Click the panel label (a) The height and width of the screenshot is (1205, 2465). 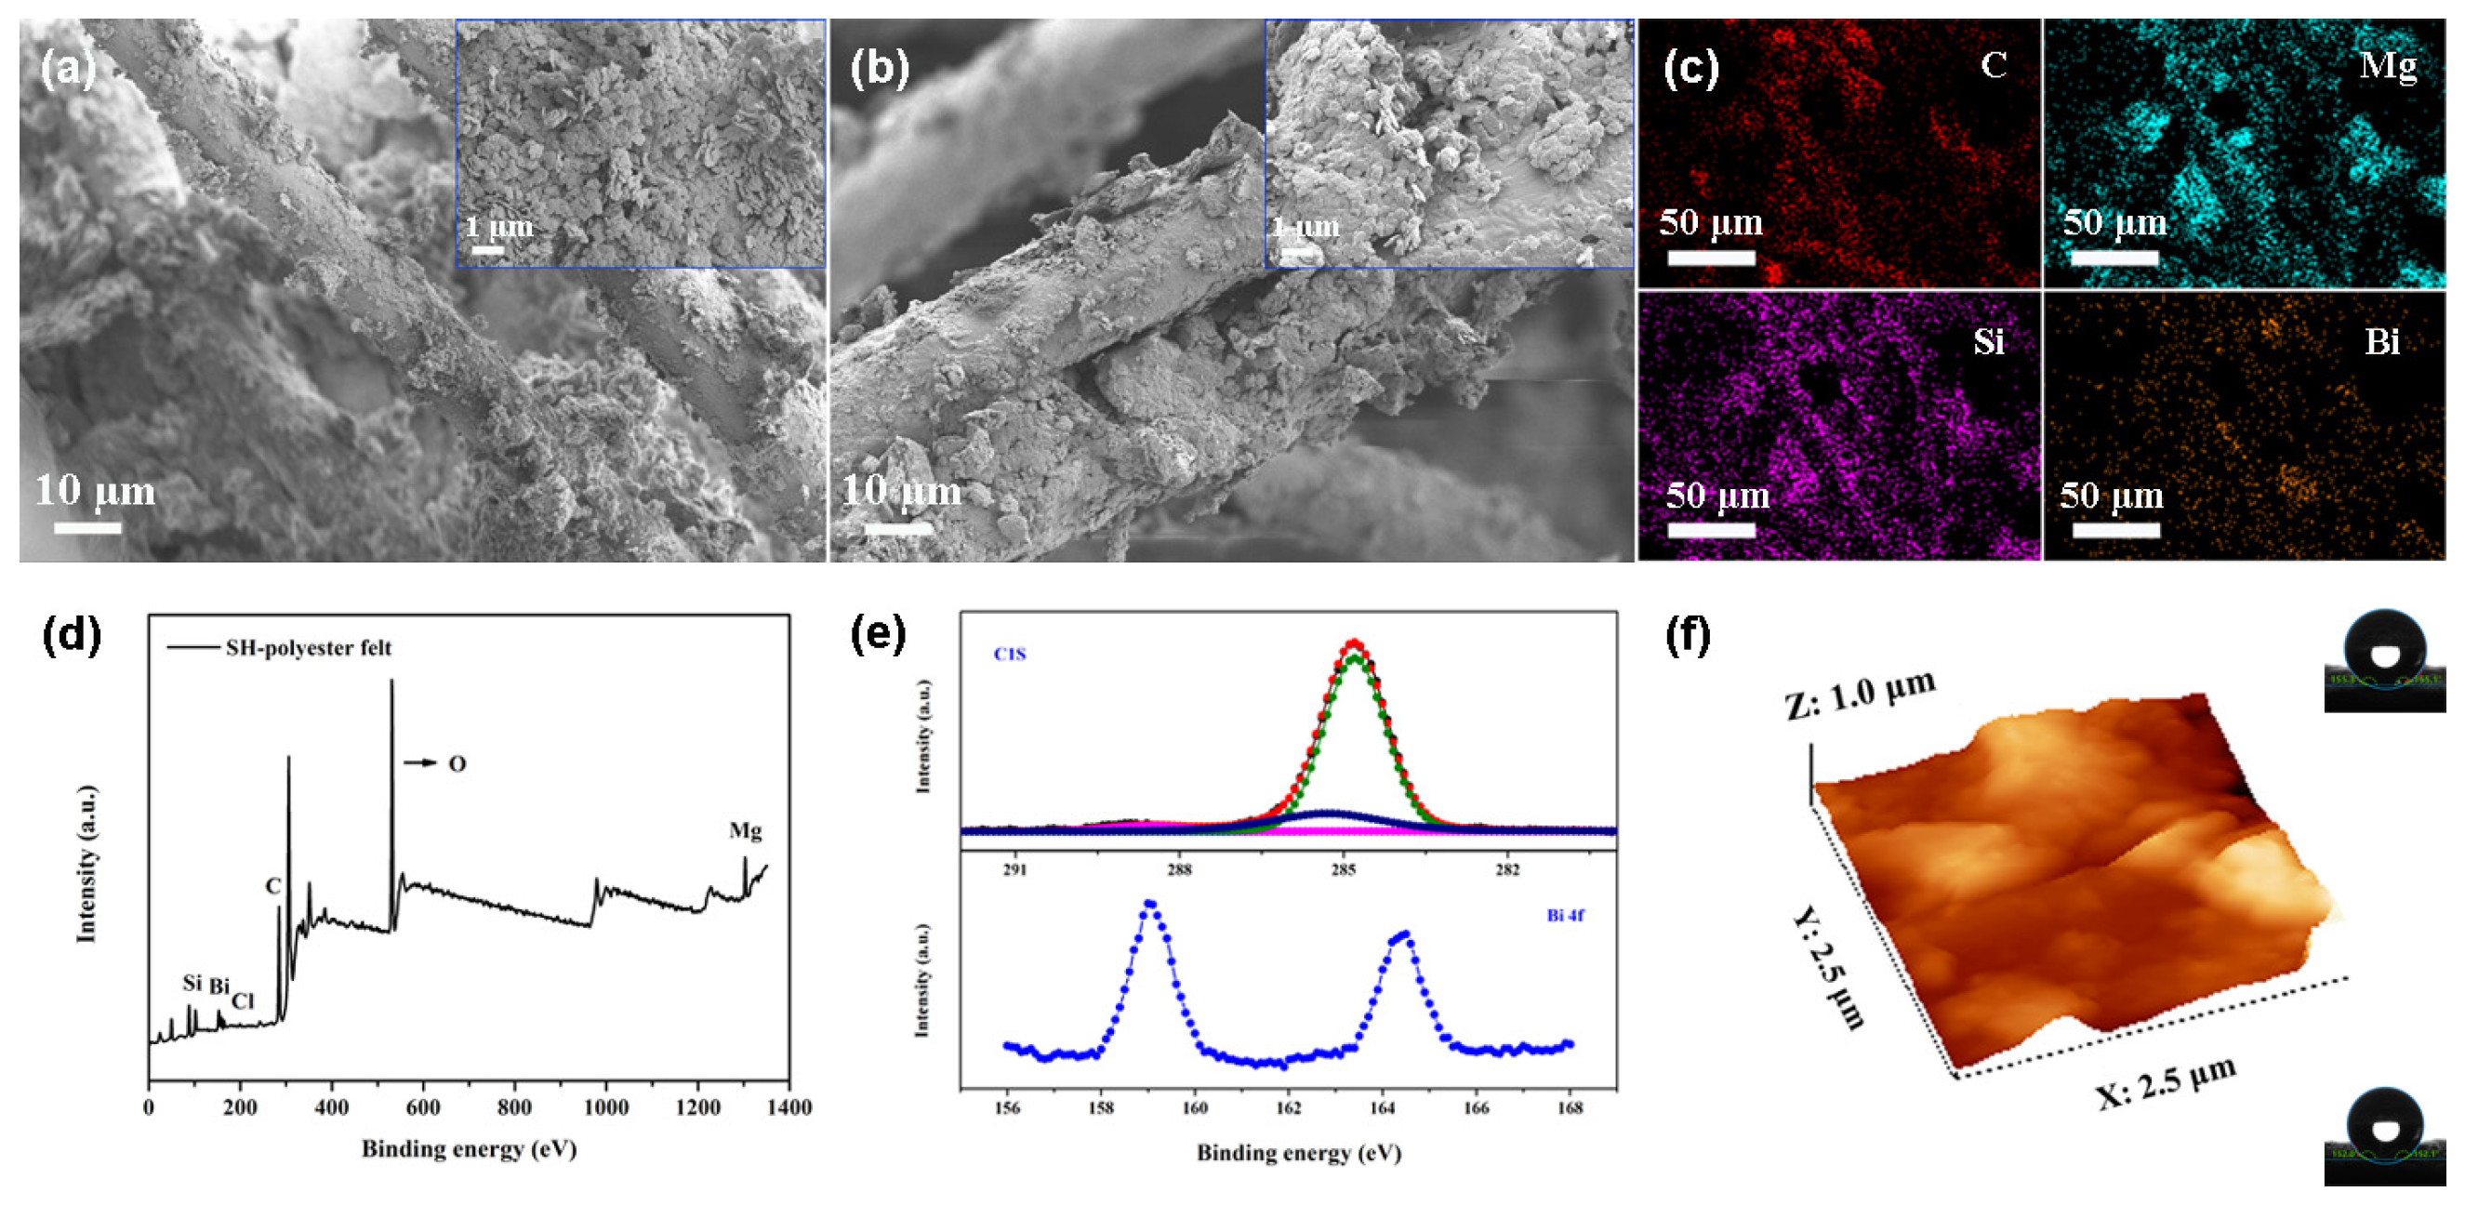point(68,69)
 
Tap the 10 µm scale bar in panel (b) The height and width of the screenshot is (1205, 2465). point(897,527)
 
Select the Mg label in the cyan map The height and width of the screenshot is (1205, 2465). point(2388,65)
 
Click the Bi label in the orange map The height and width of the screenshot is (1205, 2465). point(2381,341)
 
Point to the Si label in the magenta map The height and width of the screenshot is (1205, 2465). point(1989,341)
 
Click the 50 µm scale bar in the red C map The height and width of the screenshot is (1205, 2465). point(1711,257)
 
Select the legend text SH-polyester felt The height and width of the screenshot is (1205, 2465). point(308,648)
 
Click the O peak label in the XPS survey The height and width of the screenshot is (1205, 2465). point(457,763)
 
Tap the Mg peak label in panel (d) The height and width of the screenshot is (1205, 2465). point(746,831)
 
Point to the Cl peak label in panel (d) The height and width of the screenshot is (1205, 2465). point(243,1001)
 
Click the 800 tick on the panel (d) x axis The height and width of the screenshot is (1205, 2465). point(515,1107)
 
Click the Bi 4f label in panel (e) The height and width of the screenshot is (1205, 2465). point(1565,916)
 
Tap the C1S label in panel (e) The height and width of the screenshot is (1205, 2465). point(1010,655)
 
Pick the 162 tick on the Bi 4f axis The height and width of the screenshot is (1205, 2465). point(1288,1108)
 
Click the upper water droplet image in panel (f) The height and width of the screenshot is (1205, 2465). point(2385,660)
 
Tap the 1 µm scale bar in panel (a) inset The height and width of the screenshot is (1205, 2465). point(487,250)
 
